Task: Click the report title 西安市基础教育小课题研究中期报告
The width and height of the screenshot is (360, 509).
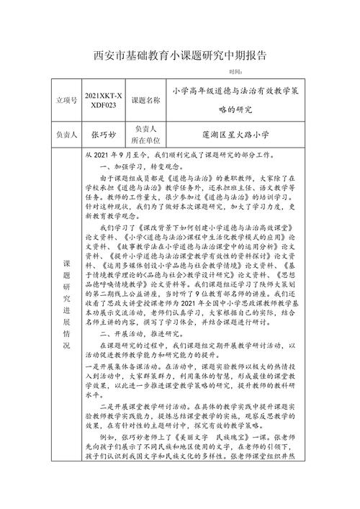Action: pyautogui.click(x=181, y=55)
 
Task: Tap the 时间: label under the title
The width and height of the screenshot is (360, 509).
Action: pyautogui.click(x=235, y=72)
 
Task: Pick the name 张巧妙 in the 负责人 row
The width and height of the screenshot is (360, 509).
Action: pyautogui.click(x=103, y=135)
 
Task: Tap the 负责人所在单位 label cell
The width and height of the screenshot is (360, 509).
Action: pyautogui.click(x=145, y=135)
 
